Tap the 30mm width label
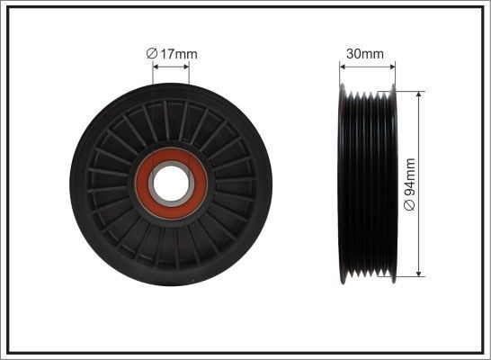click(365, 54)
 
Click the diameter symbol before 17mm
click(152, 54)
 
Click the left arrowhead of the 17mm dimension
click(157, 66)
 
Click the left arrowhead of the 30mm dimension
click(344, 66)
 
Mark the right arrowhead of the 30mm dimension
click(391, 66)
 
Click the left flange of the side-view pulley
click(343, 184)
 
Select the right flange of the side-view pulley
click(392, 184)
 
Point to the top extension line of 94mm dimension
click(409, 90)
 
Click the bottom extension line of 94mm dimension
click(409, 277)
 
